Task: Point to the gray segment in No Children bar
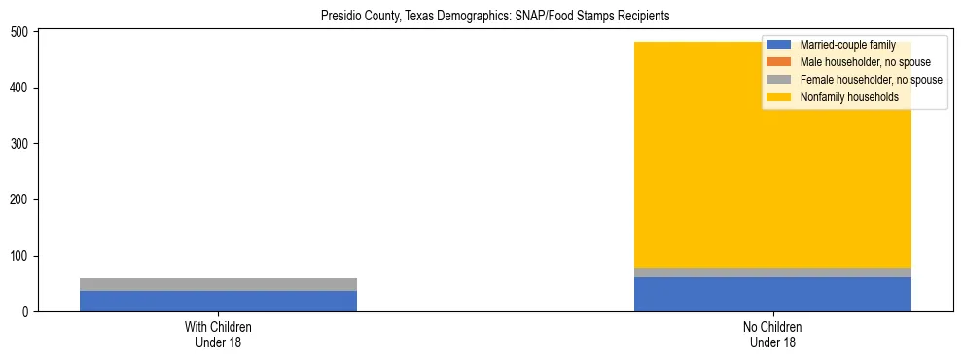[x=772, y=272]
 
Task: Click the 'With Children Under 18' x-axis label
[x=218, y=335]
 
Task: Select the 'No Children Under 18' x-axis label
[x=772, y=335]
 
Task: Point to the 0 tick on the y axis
[x=26, y=312]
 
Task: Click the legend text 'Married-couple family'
[x=847, y=45]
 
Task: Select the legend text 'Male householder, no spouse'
[x=865, y=62]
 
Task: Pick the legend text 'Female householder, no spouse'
[x=871, y=80]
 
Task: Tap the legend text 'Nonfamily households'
[x=848, y=97]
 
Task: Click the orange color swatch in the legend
[x=778, y=62]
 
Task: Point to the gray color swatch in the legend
[x=778, y=80]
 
